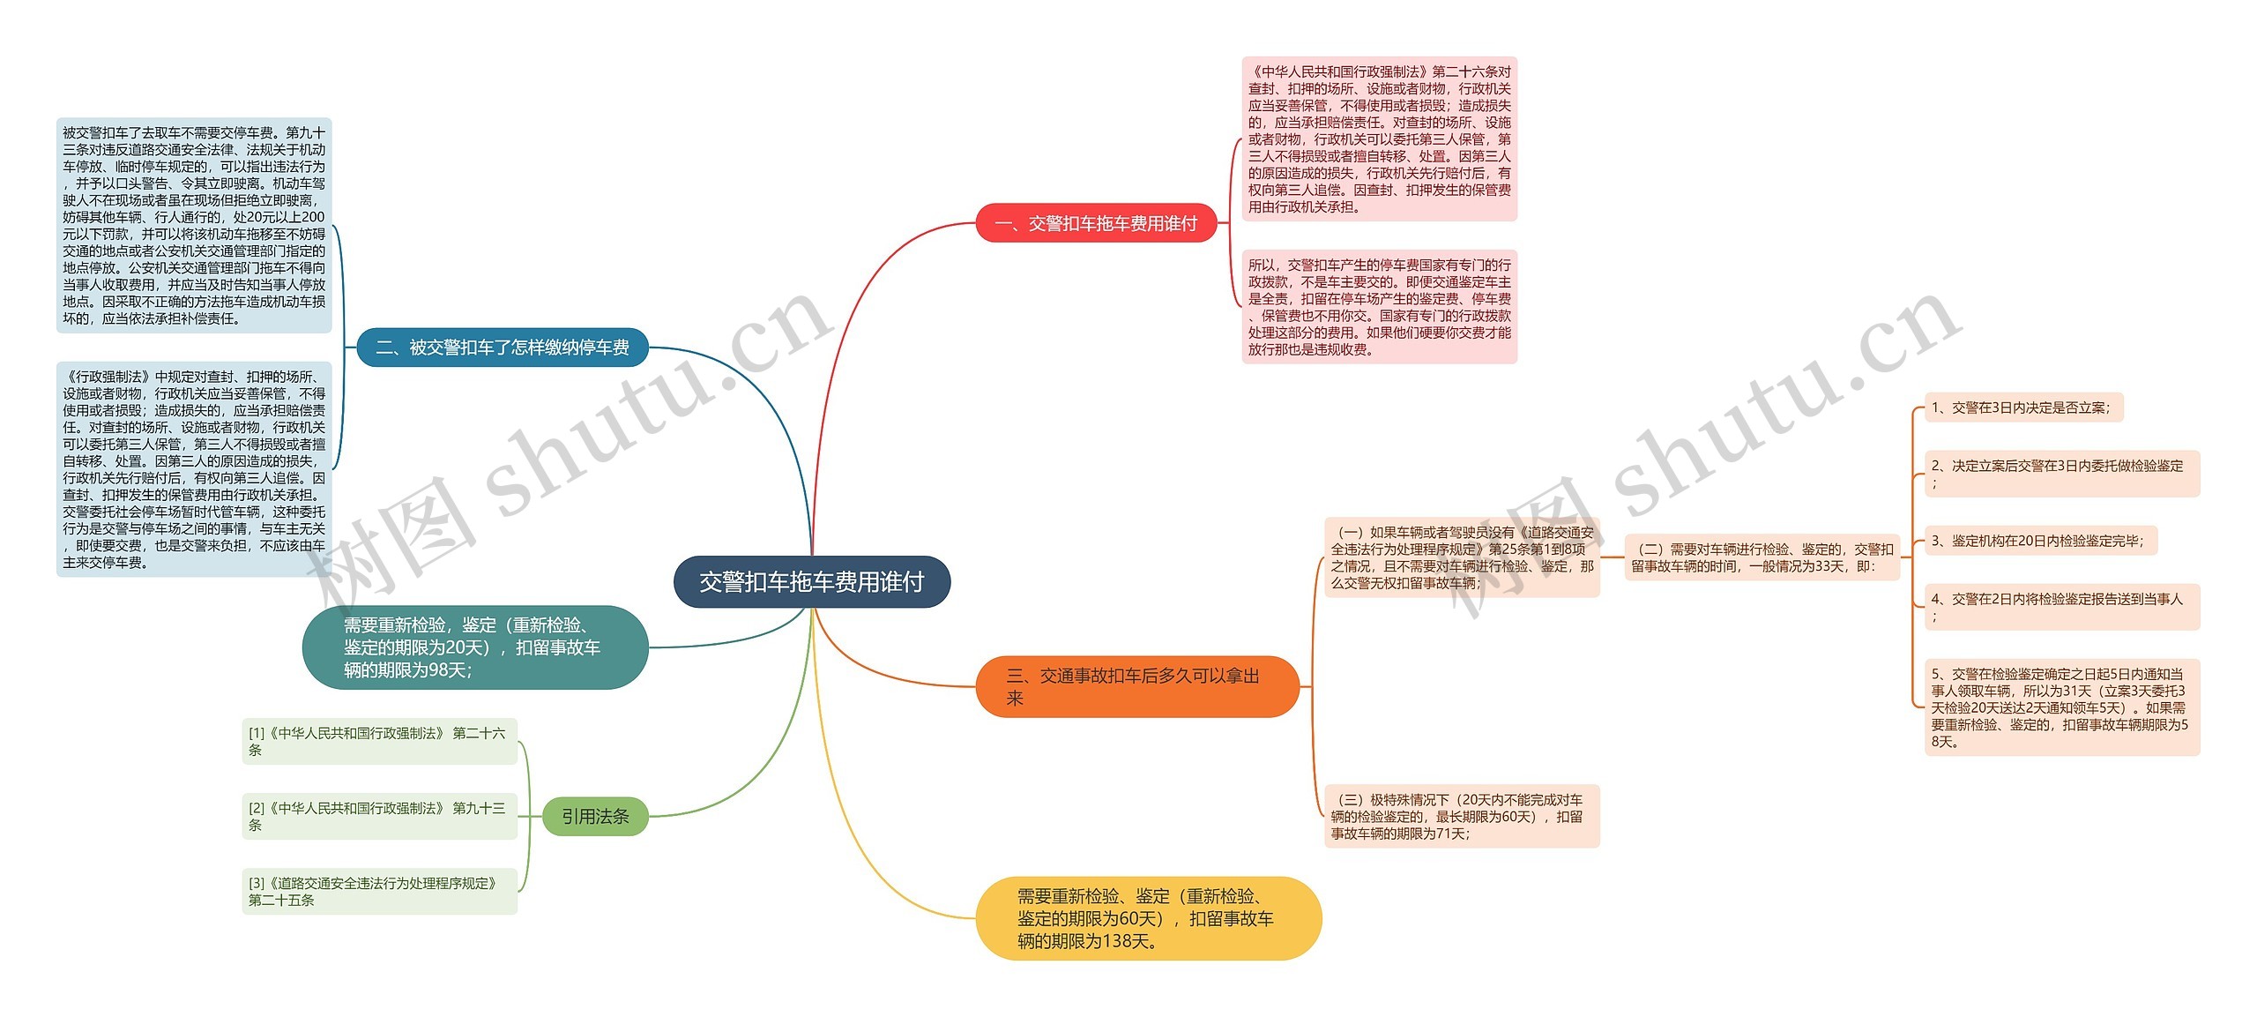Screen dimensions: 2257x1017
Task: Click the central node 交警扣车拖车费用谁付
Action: (811, 582)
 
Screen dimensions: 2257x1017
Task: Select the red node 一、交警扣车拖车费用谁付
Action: (1095, 224)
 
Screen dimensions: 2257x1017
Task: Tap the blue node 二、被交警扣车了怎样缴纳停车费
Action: (503, 348)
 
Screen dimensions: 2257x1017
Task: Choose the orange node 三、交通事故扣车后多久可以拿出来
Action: (1136, 687)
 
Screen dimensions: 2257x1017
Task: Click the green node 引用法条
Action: (595, 817)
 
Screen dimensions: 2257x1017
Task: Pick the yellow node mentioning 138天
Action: (1147, 918)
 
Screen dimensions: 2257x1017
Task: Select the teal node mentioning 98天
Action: (474, 647)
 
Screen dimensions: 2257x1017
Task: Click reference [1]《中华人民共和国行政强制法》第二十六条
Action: (379, 741)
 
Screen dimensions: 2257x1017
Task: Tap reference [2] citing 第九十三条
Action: (379, 816)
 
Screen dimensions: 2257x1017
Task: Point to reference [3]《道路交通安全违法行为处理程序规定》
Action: (379, 891)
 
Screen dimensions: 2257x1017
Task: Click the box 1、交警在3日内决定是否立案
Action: (2022, 408)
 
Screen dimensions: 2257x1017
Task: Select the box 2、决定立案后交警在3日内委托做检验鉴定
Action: (2061, 474)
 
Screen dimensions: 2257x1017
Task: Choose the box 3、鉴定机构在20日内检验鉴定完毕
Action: (2039, 541)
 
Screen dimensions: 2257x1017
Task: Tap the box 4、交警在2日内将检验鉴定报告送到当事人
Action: (2061, 607)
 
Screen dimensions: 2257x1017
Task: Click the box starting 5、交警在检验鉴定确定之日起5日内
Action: (2061, 707)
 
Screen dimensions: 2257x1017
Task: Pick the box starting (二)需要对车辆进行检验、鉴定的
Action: (1762, 557)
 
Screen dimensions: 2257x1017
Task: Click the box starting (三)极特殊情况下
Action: (1461, 816)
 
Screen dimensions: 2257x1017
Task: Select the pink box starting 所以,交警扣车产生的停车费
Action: (1379, 307)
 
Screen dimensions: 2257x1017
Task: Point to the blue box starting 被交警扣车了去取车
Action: (194, 226)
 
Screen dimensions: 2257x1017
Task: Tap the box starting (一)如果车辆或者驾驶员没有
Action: (1461, 557)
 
